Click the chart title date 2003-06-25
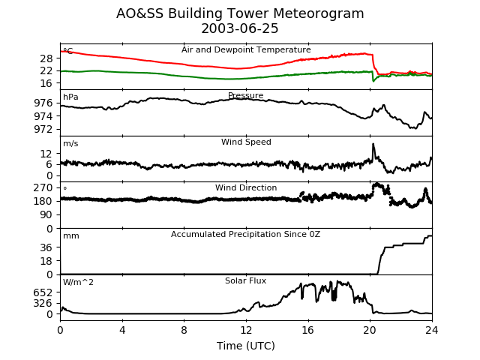(x=240, y=29)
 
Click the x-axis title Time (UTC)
(x=246, y=346)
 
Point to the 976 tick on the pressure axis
(x=46, y=103)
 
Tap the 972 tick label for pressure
(x=46, y=129)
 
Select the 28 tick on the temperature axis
(x=46, y=58)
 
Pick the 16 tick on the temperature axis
(x=46, y=83)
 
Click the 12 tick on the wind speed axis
(x=46, y=154)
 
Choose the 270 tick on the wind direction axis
(x=43, y=187)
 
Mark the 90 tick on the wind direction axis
(x=46, y=214)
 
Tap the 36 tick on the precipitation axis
(x=46, y=247)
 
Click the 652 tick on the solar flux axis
(x=43, y=292)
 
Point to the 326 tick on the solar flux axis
(x=43, y=303)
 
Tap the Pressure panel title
(x=246, y=96)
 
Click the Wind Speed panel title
(x=246, y=142)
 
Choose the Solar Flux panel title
(x=246, y=281)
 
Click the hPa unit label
(x=70, y=97)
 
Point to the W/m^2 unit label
(x=78, y=282)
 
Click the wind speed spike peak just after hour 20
(x=373, y=144)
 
